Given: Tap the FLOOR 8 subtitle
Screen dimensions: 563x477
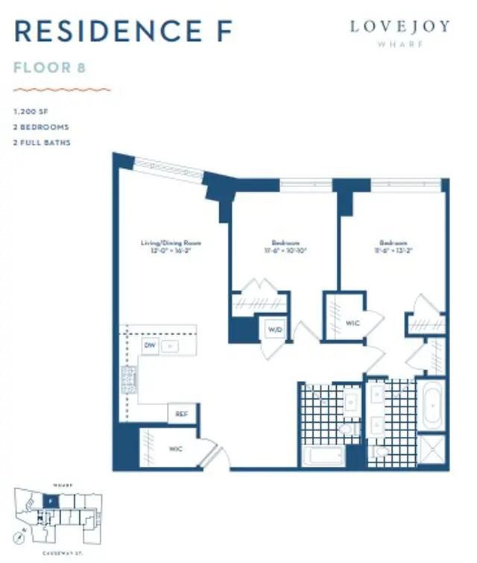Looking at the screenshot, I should (x=50, y=68).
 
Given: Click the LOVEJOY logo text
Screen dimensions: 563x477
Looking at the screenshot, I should (x=400, y=27).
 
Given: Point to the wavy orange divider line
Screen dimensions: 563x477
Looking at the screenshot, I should (x=63, y=89).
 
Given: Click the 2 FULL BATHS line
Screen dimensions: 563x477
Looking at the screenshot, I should (x=42, y=142).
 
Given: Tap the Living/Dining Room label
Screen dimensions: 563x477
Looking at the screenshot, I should (x=171, y=243).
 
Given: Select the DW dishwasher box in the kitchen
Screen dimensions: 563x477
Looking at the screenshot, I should (x=150, y=346).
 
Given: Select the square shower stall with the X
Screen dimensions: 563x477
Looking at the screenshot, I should (x=432, y=450).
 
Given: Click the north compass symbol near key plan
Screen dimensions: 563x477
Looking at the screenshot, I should (x=24, y=535).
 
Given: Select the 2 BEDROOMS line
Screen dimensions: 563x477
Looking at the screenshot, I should (x=41, y=128).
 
